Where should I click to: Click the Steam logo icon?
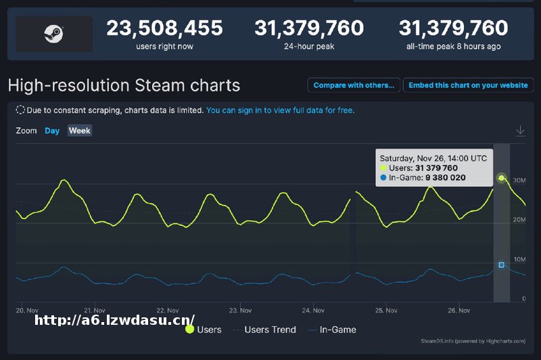tap(53, 34)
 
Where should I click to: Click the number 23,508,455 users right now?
tap(164, 28)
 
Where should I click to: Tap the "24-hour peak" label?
tap(309, 47)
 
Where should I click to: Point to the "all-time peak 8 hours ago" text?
tap(453, 47)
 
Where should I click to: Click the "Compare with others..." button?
tap(354, 85)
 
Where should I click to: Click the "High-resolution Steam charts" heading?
tap(124, 86)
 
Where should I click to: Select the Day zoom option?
tap(52, 131)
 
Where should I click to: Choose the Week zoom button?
tap(80, 131)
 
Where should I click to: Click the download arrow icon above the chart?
tap(520, 131)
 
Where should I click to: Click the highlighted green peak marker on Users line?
tap(501, 178)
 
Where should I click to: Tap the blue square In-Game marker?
tap(501, 265)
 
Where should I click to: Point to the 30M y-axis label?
tap(519, 181)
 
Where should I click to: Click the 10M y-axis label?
tap(519, 260)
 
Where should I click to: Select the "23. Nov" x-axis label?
tap(241, 311)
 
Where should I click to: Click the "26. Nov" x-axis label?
tap(459, 311)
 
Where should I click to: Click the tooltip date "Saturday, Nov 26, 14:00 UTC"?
tap(433, 158)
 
